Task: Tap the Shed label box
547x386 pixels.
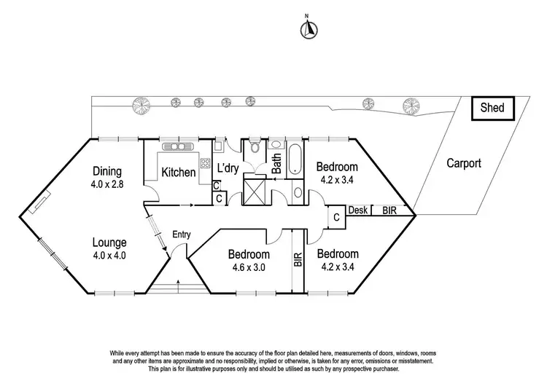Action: point(497,109)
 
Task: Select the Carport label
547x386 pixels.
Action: point(464,164)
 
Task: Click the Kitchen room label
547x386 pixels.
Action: point(178,173)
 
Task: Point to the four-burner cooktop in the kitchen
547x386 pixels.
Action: point(206,163)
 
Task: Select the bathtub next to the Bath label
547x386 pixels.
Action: point(295,160)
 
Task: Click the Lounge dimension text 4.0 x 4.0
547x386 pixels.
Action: point(110,255)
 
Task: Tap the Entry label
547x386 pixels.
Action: point(182,234)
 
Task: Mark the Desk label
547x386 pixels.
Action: point(357,210)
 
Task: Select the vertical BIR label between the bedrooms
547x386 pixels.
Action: point(298,259)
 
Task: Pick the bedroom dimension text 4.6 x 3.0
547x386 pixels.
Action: point(249,267)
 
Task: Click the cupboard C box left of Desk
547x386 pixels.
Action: point(336,217)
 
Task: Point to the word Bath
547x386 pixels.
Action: point(277,165)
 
